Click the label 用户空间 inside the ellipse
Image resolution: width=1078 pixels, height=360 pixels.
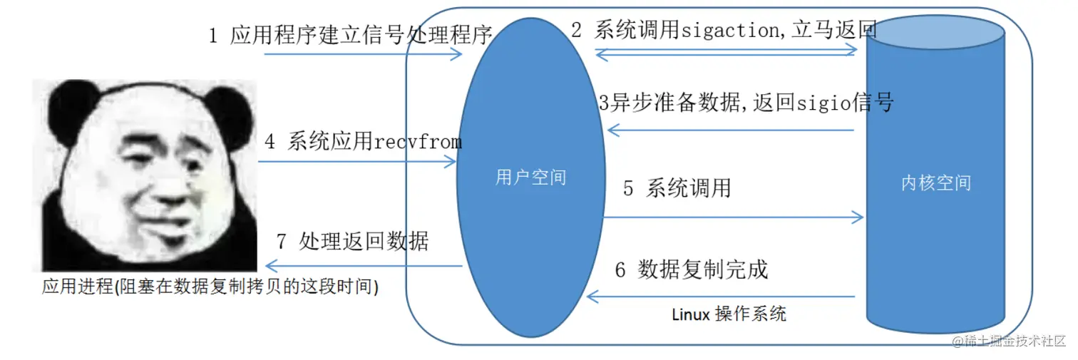[530, 177]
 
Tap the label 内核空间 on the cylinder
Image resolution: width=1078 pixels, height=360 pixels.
[935, 183]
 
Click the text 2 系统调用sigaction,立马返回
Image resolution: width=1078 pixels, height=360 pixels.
[724, 31]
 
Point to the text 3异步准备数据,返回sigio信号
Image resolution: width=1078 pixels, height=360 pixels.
[746, 103]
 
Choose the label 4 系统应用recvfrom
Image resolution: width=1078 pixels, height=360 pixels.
[363, 141]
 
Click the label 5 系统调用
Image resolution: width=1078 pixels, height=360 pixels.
[677, 188]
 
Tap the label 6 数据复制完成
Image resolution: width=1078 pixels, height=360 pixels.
[691, 269]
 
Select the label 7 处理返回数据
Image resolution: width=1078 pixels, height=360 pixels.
[352, 241]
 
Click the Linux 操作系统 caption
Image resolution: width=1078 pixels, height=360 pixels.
[729, 314]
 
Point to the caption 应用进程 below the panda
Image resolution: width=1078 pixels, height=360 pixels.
[210, 287]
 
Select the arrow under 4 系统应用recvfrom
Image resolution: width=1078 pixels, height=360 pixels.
[356, 163]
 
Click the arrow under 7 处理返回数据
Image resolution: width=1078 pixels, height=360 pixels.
[360, 266]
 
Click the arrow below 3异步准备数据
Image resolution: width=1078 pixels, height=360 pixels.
[730, 130]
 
